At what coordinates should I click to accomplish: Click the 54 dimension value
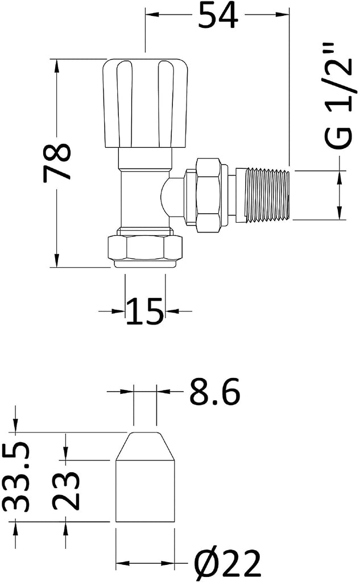pyautogui.click(x=218, y=15)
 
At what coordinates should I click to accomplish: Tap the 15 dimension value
pyautogui.click(x=145, y=311)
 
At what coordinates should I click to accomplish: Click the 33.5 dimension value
pyautogui.click(x=15, y=477)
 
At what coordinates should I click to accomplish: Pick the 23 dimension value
pyautogui.click(x=66, y=490)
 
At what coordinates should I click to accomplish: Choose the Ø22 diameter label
pyautogui.click(x=229, y=563)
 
